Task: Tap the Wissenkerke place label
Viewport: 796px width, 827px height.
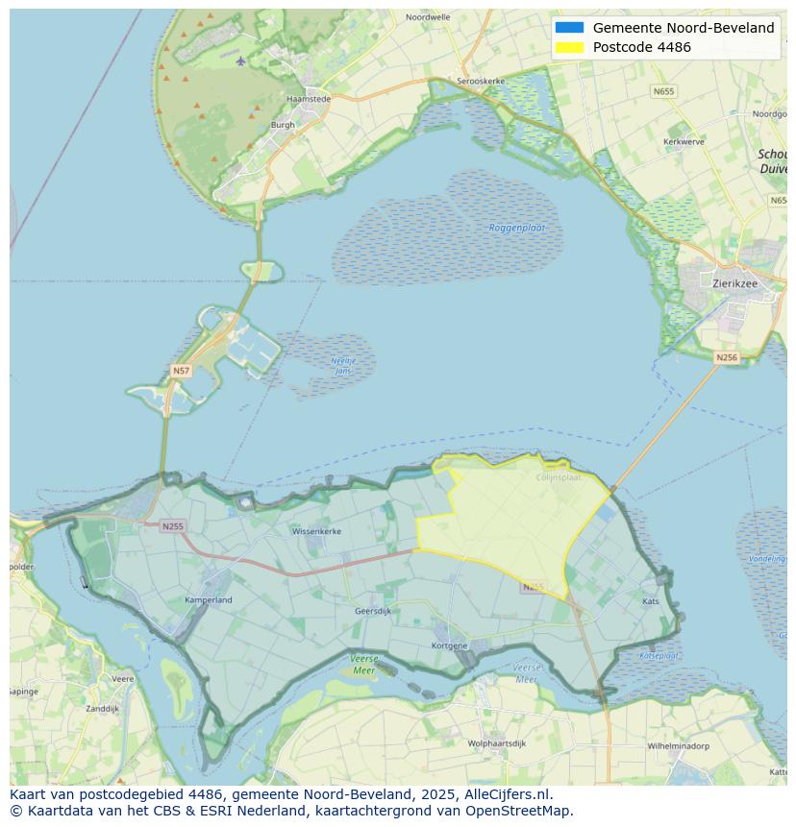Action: (316, 530)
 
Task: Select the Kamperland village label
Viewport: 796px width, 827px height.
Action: (208, 600)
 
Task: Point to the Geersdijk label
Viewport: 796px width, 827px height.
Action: (373, 611)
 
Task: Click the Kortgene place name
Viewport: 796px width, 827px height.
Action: (450, 645)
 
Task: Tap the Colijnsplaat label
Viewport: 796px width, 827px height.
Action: (559, 475)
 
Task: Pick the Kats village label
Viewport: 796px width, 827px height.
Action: (651, 601)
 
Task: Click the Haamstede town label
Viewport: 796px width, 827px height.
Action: (309, 98)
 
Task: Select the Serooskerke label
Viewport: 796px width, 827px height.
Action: (482, 82)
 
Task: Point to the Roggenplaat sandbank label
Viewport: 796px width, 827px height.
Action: (517, 228)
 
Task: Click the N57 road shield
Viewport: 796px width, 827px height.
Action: (181, 370)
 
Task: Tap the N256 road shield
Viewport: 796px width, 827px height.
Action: (727, 357)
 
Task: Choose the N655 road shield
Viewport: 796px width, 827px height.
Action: (663, 91)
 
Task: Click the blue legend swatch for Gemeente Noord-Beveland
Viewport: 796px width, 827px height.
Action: (569, 28)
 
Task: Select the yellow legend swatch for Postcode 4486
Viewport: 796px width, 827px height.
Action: (569, 48)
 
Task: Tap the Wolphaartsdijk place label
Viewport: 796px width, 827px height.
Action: (497, 743)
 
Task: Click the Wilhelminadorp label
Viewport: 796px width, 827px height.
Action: (678, 745)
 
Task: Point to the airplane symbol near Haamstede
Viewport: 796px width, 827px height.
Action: (240, 61)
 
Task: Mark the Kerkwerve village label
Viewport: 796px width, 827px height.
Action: (684, 141)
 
